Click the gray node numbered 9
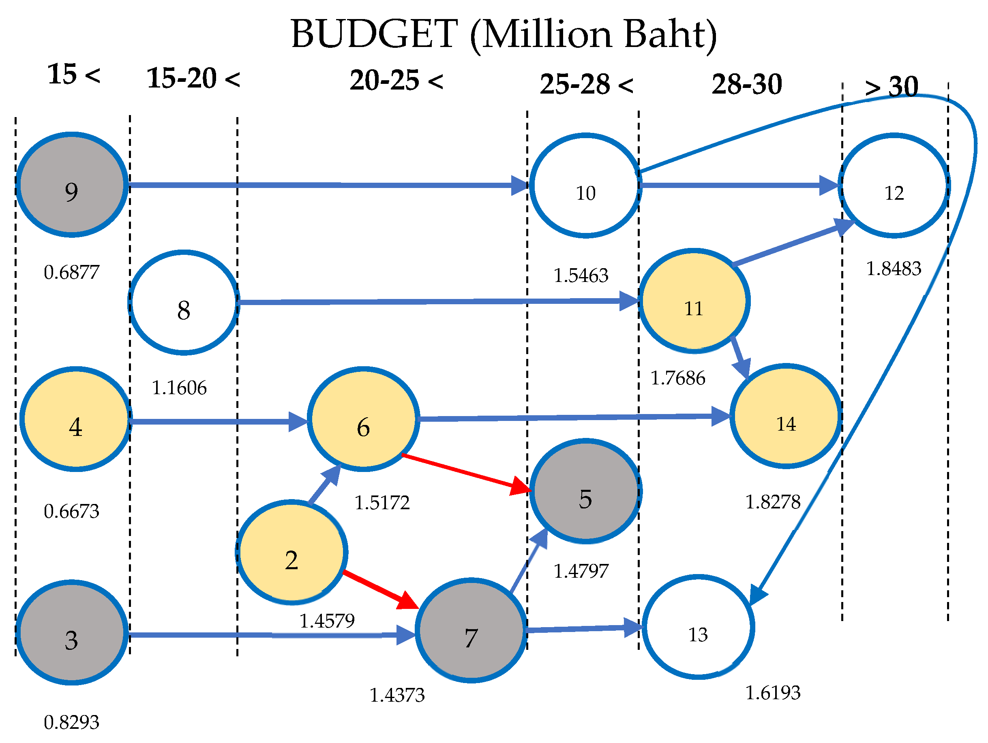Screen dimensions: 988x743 pyautogui.click(x=71, y=185)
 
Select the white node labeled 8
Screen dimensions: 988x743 pyautogui.click(x=184, y=303)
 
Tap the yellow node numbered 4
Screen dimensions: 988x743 pyautogui.click(x=75, y=419)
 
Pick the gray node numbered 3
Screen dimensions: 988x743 pyautogui.click(x=71, y=633)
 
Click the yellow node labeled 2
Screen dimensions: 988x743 pyautogui.click(x=291, y=553)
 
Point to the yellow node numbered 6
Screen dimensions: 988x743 pyautogui.click(x=363, y=419)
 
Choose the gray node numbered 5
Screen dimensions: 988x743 pyautogui.click(x=585, y=491)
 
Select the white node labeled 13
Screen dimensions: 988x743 pyautogui.click(x=698, y=628)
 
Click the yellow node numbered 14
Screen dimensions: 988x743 pyautogui.click(x=786, y=416)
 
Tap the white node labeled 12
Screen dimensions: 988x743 pyautogui.click(x=894, y=186)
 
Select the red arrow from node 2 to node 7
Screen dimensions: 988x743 pyautogui.click(x=379, y=589)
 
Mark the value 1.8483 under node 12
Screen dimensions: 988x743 pyautogui.click(x=893, y=269)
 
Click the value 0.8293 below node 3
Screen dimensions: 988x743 pyautogui.click(x=71, y=722)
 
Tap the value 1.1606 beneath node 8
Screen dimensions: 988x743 pyautogui.click(x=179, y=388)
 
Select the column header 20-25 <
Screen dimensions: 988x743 pyautogui.click(x=396, y=80)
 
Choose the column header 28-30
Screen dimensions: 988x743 pyautogui.click(x=747, y=84)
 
